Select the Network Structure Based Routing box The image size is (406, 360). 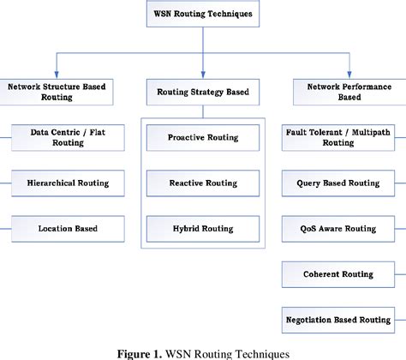click(x=57, y=92)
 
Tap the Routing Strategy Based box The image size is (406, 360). click(x=203, y=92)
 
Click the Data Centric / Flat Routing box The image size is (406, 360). click(x=69, y=137)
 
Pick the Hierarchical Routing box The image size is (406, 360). click(x=69, y=183)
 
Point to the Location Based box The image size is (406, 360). click(x=69, y=228)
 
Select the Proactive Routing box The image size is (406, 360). click(x=203, y=137)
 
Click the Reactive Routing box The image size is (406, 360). click(x=203, y=183)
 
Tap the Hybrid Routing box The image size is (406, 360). click(x=203, y=228)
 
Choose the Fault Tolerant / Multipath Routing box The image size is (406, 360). click(x=337, y=137)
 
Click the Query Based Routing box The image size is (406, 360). click(x=337, y=183)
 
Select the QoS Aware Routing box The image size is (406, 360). click(x=337, y=228)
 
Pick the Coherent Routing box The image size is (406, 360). click(x=337, y=273)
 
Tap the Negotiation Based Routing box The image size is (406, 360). click(x=337, y=319)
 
